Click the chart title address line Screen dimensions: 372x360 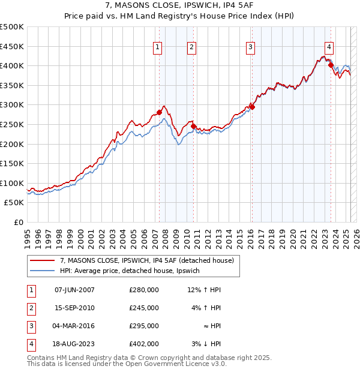[180, 7]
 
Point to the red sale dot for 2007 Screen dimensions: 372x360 [160, 112]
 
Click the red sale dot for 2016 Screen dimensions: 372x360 [252, 107]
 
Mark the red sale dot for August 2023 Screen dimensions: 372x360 [331, 65]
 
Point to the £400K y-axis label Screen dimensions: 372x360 [12, 65]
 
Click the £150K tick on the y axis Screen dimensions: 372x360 [12, 163]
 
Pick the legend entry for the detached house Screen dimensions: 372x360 [150, 260]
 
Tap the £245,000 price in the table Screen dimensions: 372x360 [144, 308]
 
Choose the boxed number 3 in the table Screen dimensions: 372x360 [31, 326]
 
